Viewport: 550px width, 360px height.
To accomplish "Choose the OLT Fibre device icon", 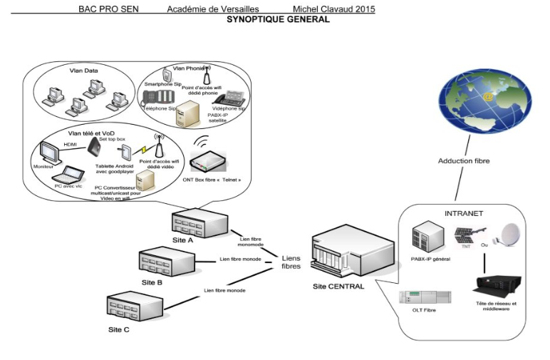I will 425,297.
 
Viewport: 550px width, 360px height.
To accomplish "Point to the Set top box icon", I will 94,148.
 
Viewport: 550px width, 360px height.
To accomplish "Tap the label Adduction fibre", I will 463,161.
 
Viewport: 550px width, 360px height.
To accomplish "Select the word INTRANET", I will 465,212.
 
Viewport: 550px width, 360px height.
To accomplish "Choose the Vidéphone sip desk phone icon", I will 228,100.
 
